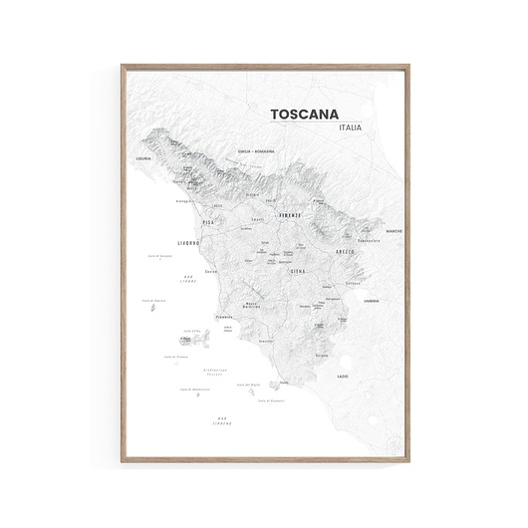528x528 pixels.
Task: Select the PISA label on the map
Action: [x=208, y=222]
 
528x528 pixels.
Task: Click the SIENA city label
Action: [x=298, y=270]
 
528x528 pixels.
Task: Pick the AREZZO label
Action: [x=345, y=253]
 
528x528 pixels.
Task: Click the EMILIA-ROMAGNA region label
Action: [x=256, y=151]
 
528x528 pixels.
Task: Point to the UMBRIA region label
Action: [x=371, y=300]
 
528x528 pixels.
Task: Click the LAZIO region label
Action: [x=343, y=377]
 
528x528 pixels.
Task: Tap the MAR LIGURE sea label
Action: [x=188, y=280]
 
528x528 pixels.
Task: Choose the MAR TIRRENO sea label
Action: [x=231, y=420]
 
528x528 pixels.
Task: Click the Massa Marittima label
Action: [x=251, y=305]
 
